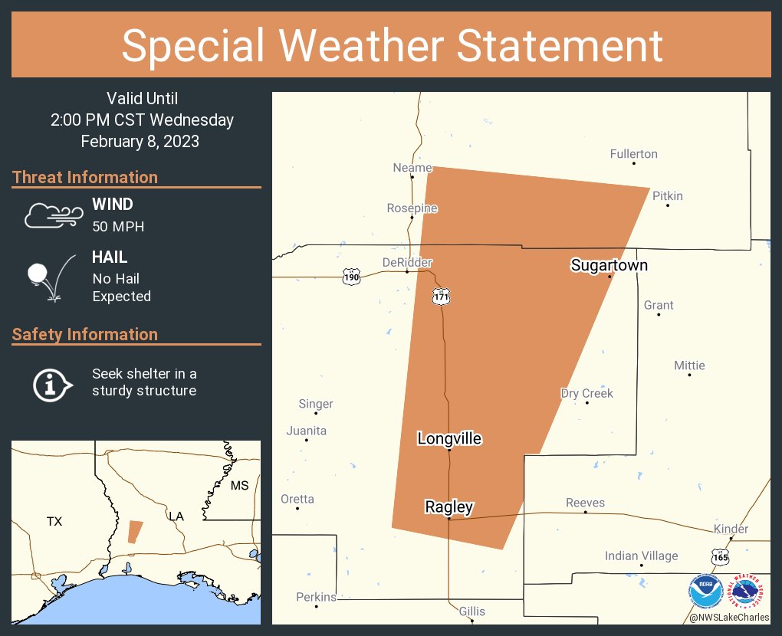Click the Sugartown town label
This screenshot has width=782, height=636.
point(609,265)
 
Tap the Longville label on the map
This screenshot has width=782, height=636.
point(449,438)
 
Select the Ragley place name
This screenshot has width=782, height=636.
point(449,507)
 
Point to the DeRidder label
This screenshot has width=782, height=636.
point(407,262)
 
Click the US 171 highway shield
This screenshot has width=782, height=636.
point(440,296)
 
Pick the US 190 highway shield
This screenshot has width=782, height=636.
point(351,277)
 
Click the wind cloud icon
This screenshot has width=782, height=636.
point(52,215)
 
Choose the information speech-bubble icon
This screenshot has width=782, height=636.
point(52,383)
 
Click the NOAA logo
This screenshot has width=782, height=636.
point(705,591)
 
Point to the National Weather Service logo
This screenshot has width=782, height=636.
point(749,591)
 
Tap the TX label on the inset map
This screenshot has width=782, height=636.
point(54,521)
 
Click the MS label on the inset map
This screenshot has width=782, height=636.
point(240,486)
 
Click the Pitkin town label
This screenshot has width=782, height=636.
point(667,195)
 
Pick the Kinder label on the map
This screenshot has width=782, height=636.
point(731,529)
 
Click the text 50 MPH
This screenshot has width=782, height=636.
point(118,226)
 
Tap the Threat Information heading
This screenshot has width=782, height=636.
point(85,177)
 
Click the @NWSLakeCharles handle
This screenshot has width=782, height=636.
point(729,617)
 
